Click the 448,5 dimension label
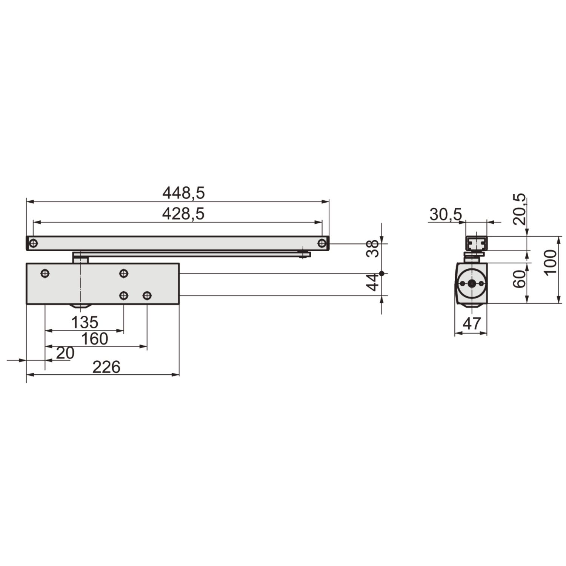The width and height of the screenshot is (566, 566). click(183, 193)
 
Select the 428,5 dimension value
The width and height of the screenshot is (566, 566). click(183, 214)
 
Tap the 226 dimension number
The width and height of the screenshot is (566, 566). click(106, 367)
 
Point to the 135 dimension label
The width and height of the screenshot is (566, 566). click(85, 322)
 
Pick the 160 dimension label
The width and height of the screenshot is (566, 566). click(95, 339)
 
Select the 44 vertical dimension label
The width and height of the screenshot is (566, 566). click(373, 282)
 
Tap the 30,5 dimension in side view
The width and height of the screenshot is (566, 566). click(446, 215)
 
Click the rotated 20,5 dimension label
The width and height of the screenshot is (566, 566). click(519, 209)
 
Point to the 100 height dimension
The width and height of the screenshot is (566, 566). click(551, 263)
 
